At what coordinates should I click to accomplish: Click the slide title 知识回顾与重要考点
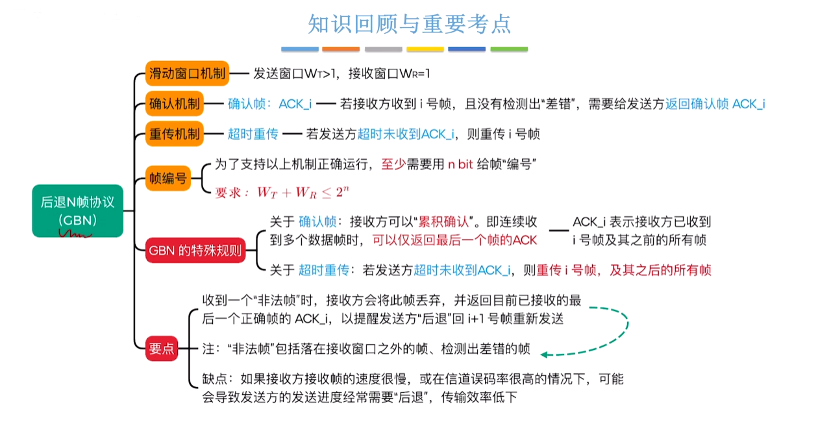tap(410, 24)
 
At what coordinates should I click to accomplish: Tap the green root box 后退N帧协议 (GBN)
tap(78, 211)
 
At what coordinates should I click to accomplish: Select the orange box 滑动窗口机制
tap(187, 73)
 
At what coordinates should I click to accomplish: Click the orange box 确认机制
tap(174, 104)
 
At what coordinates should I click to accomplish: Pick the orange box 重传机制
tap(174, 134)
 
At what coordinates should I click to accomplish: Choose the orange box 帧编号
tap(168, 178)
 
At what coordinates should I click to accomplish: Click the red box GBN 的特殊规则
tap(195, 251)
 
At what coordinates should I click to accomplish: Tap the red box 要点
tap(162, 349)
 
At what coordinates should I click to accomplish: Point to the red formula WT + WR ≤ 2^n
tap(303, 192)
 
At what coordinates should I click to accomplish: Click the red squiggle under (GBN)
tap(75, 234)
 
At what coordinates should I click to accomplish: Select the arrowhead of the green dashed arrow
tap(544, 354)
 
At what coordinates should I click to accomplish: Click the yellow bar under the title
tap(425, 49)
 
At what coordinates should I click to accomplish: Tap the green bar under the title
tap(509, 49)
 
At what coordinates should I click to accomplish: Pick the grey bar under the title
tap(384, 49)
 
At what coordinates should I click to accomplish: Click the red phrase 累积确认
tap(443, 221)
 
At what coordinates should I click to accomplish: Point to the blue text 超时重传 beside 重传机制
tap(253, 134)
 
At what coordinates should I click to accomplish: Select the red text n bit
tap(460, 164)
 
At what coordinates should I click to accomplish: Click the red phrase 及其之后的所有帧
tap(660, 270)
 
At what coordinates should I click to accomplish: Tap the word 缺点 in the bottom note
tap(215, 379)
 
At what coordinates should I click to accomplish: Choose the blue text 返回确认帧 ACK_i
tap(715, 104)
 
